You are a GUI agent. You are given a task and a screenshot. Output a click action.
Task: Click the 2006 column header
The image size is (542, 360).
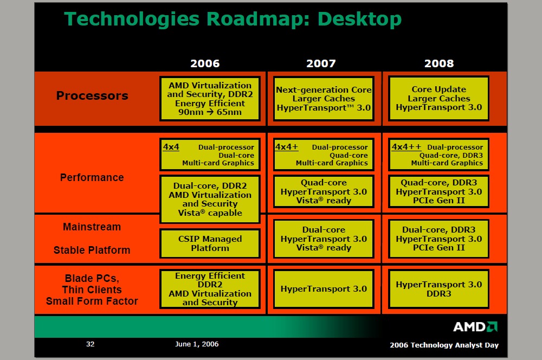[205, 63]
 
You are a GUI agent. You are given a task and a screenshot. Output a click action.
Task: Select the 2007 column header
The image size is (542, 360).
[321, 63]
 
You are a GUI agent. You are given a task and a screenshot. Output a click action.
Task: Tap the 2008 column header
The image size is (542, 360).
[439, 63]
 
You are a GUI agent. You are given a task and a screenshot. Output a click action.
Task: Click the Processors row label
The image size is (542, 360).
[92, 95]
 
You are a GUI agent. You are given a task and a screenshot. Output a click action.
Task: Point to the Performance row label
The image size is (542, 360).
[92, 177]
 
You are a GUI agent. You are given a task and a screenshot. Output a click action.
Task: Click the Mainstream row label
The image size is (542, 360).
[92, 227]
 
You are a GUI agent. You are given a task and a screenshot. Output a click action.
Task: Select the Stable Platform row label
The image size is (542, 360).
[92, 250]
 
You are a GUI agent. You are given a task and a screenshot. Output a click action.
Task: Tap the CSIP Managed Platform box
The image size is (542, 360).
[210, 243]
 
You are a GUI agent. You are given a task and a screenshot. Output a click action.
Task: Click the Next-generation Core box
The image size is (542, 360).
[324, 99]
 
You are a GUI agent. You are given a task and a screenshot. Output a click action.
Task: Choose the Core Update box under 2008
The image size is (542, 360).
[438, 99]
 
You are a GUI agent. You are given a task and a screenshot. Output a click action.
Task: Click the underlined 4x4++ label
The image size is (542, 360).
[406, 146]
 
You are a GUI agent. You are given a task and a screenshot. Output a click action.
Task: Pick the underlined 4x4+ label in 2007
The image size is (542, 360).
[287, 146]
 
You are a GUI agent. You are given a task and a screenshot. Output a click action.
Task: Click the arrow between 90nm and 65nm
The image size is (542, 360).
[210, 112]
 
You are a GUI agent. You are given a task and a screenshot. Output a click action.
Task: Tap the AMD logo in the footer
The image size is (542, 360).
[475, 327]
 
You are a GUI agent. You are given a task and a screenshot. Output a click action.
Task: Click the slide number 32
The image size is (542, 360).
[90, 344]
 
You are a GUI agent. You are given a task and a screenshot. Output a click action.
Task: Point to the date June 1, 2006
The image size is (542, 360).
[197, 344]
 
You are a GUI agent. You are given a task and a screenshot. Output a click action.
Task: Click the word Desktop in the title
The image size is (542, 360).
[359, 19]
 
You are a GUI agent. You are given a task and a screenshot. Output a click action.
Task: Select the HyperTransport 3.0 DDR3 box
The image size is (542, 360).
[438, 289]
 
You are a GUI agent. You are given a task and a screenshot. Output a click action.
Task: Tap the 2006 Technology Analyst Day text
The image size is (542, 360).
[444, 345]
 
